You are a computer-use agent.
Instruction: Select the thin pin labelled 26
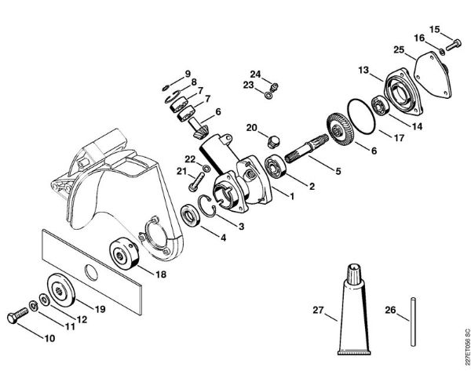coord(411,317)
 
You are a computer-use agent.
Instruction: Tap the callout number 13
coord(363,71)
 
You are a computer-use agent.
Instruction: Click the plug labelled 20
coord(274,141)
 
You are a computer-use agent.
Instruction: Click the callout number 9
coord(188,75)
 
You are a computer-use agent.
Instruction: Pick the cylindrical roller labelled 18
coord(122,253)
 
